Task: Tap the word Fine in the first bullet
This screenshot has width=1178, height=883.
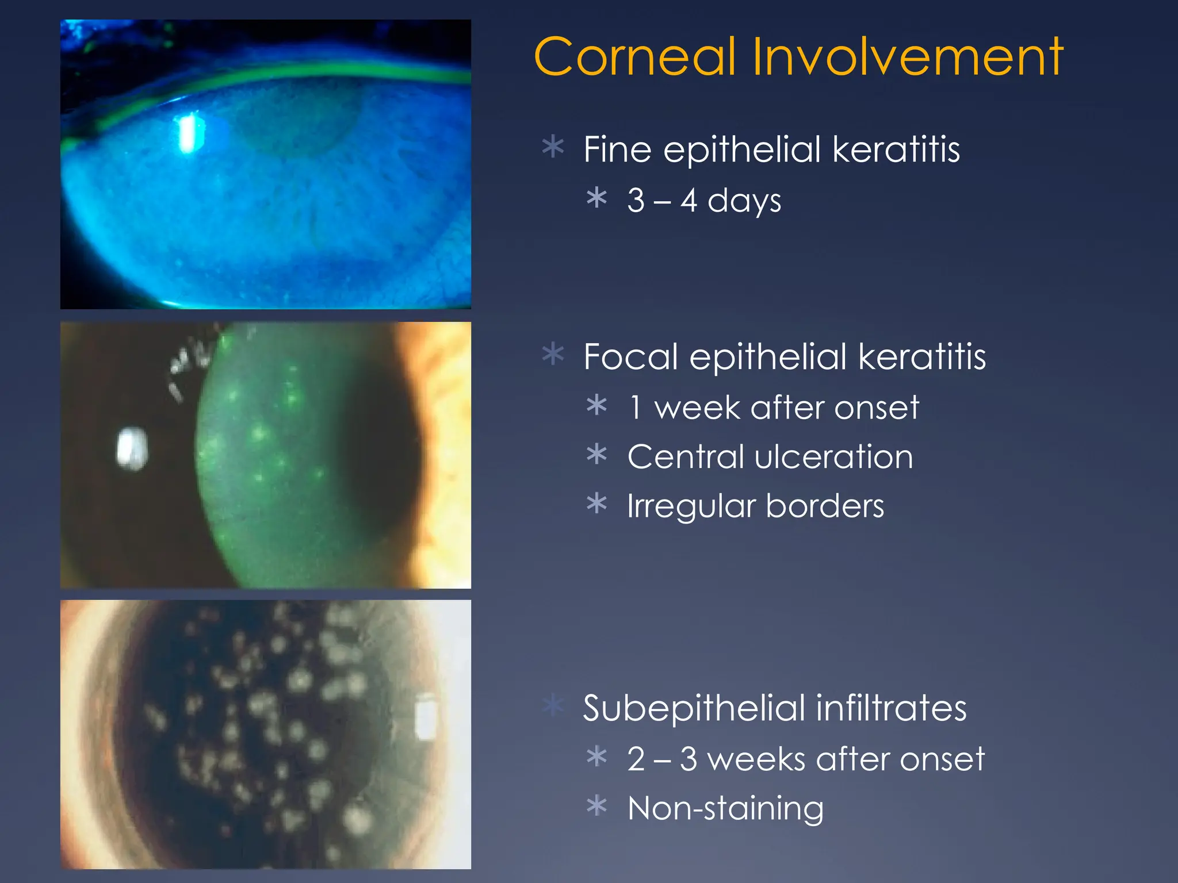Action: click(618, 149)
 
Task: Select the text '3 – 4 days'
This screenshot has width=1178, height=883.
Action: click(704, 201)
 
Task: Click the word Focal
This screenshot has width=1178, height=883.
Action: click(630, 356)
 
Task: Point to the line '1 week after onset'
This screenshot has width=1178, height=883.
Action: click(773, 408)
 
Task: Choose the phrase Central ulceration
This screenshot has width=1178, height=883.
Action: click(770, 457)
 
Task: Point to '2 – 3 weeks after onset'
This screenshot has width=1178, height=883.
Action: click(805, 759)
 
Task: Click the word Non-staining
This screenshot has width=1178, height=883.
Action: click(725, 808)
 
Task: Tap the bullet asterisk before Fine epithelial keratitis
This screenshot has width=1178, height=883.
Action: click(553, 147)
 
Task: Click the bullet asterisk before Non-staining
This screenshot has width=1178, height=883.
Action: click(597, 805)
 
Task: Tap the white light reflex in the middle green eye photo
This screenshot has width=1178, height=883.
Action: click(132, 448)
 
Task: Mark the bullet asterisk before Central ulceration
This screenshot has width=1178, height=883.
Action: click(597, 454)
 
